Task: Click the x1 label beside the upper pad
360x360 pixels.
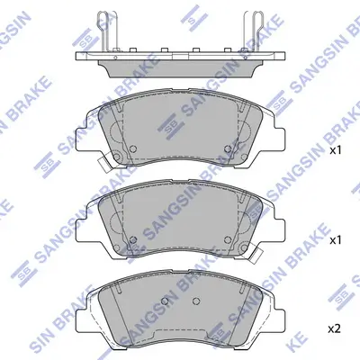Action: [x=336, y=150]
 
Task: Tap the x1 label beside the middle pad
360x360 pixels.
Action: [x=336, y=241]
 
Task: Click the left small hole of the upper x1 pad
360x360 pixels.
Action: [x=131, y=149]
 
